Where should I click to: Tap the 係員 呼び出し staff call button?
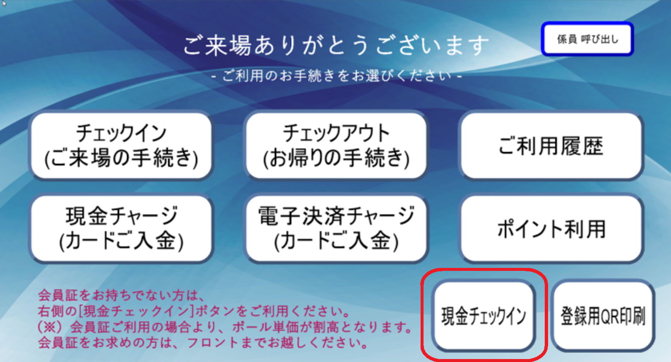[x=587, y=39]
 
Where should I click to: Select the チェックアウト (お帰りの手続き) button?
[x=336, y=146]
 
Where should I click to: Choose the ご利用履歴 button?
[x=551, y=146]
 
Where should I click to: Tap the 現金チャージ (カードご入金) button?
[x=121, y=229]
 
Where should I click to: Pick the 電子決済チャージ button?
[x=336, y=229]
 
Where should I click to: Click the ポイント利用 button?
[x=551, y=229]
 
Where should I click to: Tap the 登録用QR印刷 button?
[x=603, y=316]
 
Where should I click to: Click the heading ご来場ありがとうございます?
[x=336, y=46]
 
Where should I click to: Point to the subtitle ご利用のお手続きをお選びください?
[x=337, y=76]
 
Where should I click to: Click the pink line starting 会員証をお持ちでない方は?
[x=121, y=296]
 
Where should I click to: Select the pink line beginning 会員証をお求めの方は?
[x=203, y=343]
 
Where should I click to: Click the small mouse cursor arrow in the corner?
[x=4, y=3]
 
